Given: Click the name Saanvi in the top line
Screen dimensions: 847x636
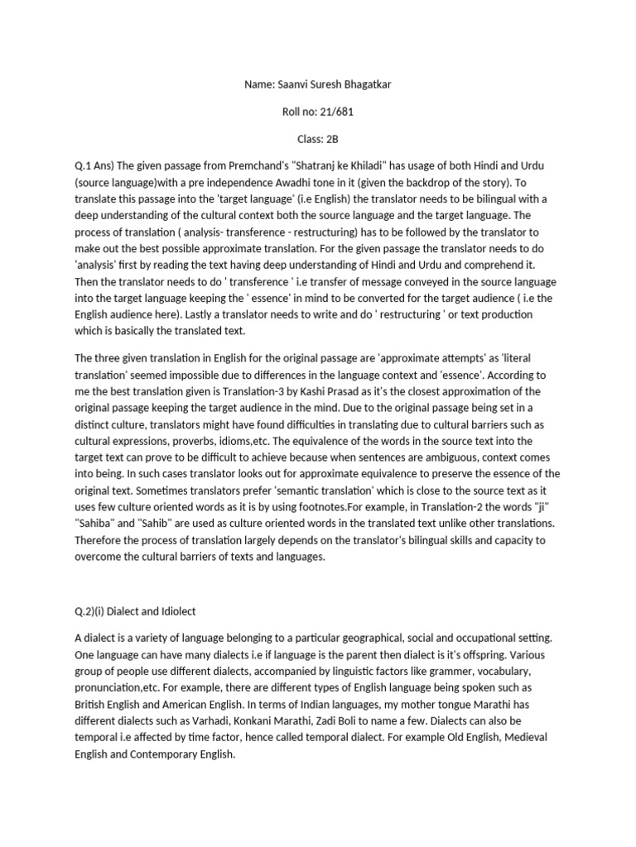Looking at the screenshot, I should pyautogui.click(x=292, y=84).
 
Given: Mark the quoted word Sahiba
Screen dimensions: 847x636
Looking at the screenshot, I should pyautogui.click(x=99, y=524).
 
